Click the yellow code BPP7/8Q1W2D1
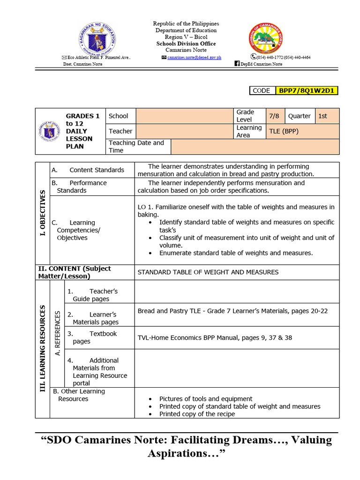307,90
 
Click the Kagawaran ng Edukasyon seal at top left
97,38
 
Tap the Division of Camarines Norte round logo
266,38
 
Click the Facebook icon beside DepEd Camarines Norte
237,64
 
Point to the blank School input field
185,116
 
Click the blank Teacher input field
185,131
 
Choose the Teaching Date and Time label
136,146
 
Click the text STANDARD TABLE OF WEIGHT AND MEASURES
208,272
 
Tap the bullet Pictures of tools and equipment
206,399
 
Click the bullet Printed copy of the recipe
197,414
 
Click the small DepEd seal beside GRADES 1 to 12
49,131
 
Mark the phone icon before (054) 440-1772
253,57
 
